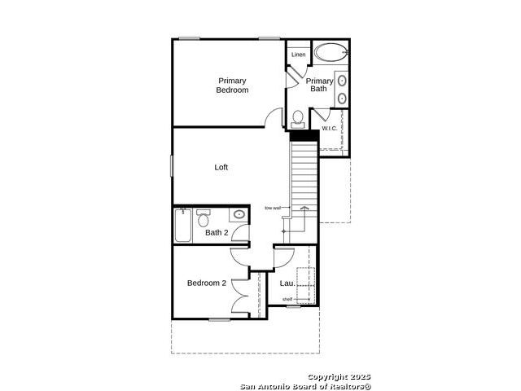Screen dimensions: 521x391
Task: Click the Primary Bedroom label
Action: (232, 86)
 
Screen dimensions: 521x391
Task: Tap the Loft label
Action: (221, 167)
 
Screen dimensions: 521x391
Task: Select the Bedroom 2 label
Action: (207, 283)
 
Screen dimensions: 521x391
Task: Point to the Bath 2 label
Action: (217, 232)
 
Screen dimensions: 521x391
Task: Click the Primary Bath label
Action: (319, 85)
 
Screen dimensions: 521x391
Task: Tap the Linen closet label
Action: (299, 55)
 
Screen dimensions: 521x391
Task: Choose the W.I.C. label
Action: (329, 129)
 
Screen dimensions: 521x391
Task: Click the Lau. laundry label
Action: (287, 283)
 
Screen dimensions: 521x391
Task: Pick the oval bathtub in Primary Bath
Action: (331, 52)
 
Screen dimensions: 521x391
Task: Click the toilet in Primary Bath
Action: (298, 120)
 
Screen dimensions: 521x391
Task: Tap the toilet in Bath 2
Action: (203, 218)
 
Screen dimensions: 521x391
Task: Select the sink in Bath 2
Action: (239, 214)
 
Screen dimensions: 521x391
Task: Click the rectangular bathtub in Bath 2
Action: (183, 226)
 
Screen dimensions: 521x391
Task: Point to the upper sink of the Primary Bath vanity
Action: (342, 81)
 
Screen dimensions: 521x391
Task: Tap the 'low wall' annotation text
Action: (273, 209)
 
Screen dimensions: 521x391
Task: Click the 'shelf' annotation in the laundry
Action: (287, 299)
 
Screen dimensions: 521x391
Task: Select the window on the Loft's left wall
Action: (172, 166)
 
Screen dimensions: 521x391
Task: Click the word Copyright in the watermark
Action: (325, 377)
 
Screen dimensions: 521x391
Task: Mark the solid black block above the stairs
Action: (304, 136)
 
